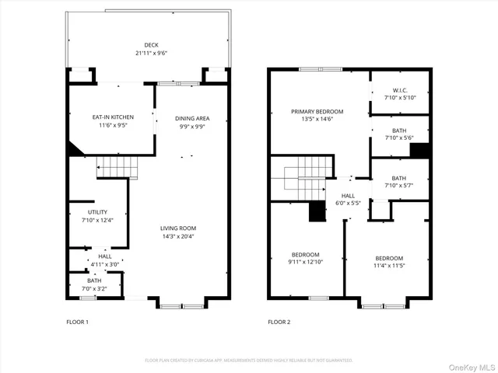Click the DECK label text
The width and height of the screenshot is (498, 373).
(x=151, y=45)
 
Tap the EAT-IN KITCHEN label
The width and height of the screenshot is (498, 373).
(x=114, y=117)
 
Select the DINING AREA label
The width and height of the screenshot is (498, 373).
(x=191, y=118)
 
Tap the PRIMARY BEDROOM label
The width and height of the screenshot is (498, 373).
(x=317, y=112)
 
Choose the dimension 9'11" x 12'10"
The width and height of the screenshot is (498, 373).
(x=306, y=262)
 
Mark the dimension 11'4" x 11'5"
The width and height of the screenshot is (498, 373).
(x=389, y=265)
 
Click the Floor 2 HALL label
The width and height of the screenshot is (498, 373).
(x=348, y=196)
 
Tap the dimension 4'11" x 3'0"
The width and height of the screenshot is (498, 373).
(x=104, y=264)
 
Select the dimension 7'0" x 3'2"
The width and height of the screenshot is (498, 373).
(x=94, y=288)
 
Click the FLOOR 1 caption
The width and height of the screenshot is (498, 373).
(x=77, y=321)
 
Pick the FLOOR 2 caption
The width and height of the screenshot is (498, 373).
(x=279, y=321)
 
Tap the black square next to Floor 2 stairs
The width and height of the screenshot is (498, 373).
(x=317, y=211)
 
